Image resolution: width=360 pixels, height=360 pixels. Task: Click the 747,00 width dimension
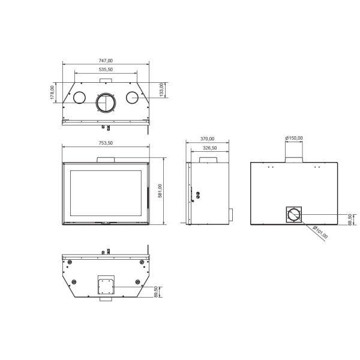pos(106,61)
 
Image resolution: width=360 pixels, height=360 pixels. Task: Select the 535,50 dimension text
pos(106,70)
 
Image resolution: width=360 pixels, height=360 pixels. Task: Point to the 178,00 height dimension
pos(53,93)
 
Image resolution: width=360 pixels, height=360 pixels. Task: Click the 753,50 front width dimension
pos(106,143)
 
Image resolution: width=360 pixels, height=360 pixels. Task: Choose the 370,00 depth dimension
pos(208,139)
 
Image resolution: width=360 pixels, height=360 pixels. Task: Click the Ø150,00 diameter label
pos(294,138)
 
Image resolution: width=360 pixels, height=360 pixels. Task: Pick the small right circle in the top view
pos(131,96)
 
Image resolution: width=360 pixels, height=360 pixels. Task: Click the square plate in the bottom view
pos(106,284)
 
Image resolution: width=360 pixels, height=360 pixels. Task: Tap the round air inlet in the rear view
pos(294,215)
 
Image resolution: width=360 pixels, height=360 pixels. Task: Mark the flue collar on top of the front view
pos(106,159)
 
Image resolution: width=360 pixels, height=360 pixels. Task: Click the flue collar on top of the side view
pos(210,160)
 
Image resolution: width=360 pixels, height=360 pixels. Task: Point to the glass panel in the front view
pos(106,193)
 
